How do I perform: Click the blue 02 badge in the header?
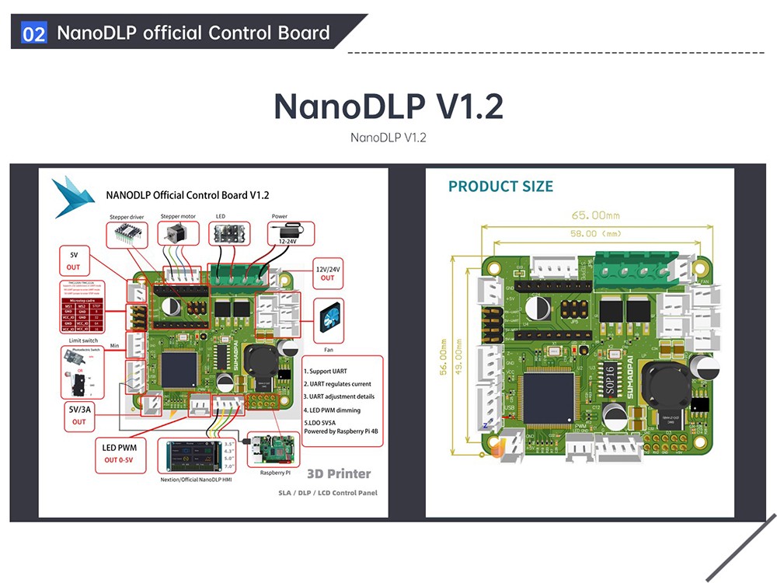coord(34,33)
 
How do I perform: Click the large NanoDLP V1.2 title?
coord(388,106)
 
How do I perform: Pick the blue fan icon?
coord(326,319)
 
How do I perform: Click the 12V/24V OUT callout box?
coord(327,273)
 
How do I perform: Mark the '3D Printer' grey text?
coord(339,473)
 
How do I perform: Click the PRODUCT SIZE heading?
coord(500,187)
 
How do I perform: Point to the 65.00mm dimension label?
coord(596,215)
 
